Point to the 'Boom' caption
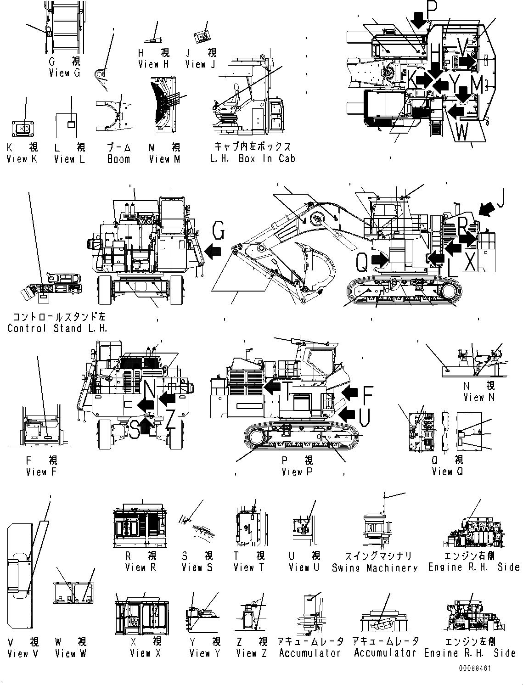click(118, 159)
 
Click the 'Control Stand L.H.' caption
click(57, 328)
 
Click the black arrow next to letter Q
click(380, 260)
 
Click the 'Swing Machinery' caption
click(375, 568)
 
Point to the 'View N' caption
click(479, 398)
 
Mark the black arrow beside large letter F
click(350, 392)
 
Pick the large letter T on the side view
click(287, 391)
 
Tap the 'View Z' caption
click(251, 653)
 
